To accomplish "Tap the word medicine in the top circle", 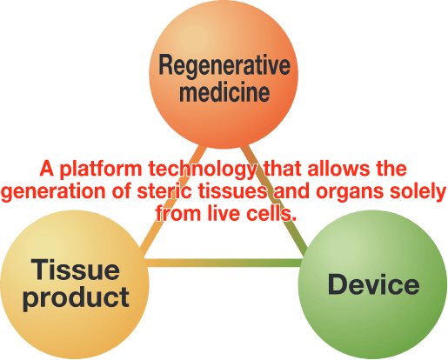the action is (x=224, y=92).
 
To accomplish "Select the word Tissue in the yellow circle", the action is (x=76, y=270).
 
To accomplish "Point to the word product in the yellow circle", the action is (x=76, y=298).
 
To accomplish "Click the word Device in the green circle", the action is (x=373, y=284).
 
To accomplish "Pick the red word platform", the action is (x=101, y=170).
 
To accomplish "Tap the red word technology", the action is (x=203, y=170).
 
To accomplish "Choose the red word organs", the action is (x=350, y=192).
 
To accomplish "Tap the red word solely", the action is (x=418, y=192).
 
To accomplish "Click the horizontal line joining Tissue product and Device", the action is (x=224, y=263).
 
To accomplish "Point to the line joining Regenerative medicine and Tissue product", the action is (x=173, y=200).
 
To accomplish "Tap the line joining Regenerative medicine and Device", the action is (x=274, y=200).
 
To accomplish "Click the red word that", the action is (x=283, y=169).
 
